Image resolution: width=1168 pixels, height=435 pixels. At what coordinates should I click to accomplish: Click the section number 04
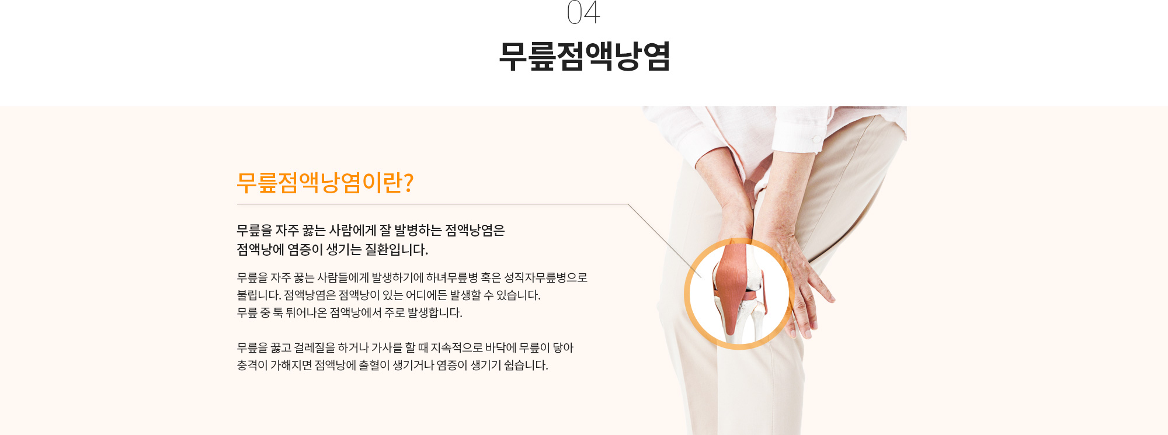click(x=583, y=12)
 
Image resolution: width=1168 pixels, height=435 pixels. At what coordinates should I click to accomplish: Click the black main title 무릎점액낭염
click(x=584, y=56)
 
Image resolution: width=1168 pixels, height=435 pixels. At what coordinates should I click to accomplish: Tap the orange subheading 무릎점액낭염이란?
click(x=325, y=183)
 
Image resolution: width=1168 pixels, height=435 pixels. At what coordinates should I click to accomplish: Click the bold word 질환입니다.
click(x=397, y=249)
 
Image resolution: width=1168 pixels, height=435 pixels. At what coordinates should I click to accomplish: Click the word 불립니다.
click(x=259, y=295)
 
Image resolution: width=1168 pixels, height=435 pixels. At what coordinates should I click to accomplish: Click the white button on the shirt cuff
click(x=817, y=138)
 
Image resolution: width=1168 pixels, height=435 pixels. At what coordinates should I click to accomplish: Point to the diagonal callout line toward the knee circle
click(x=665, y=241)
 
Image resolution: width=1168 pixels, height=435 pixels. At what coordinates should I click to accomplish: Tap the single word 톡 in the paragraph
click(x=278, y=312)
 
